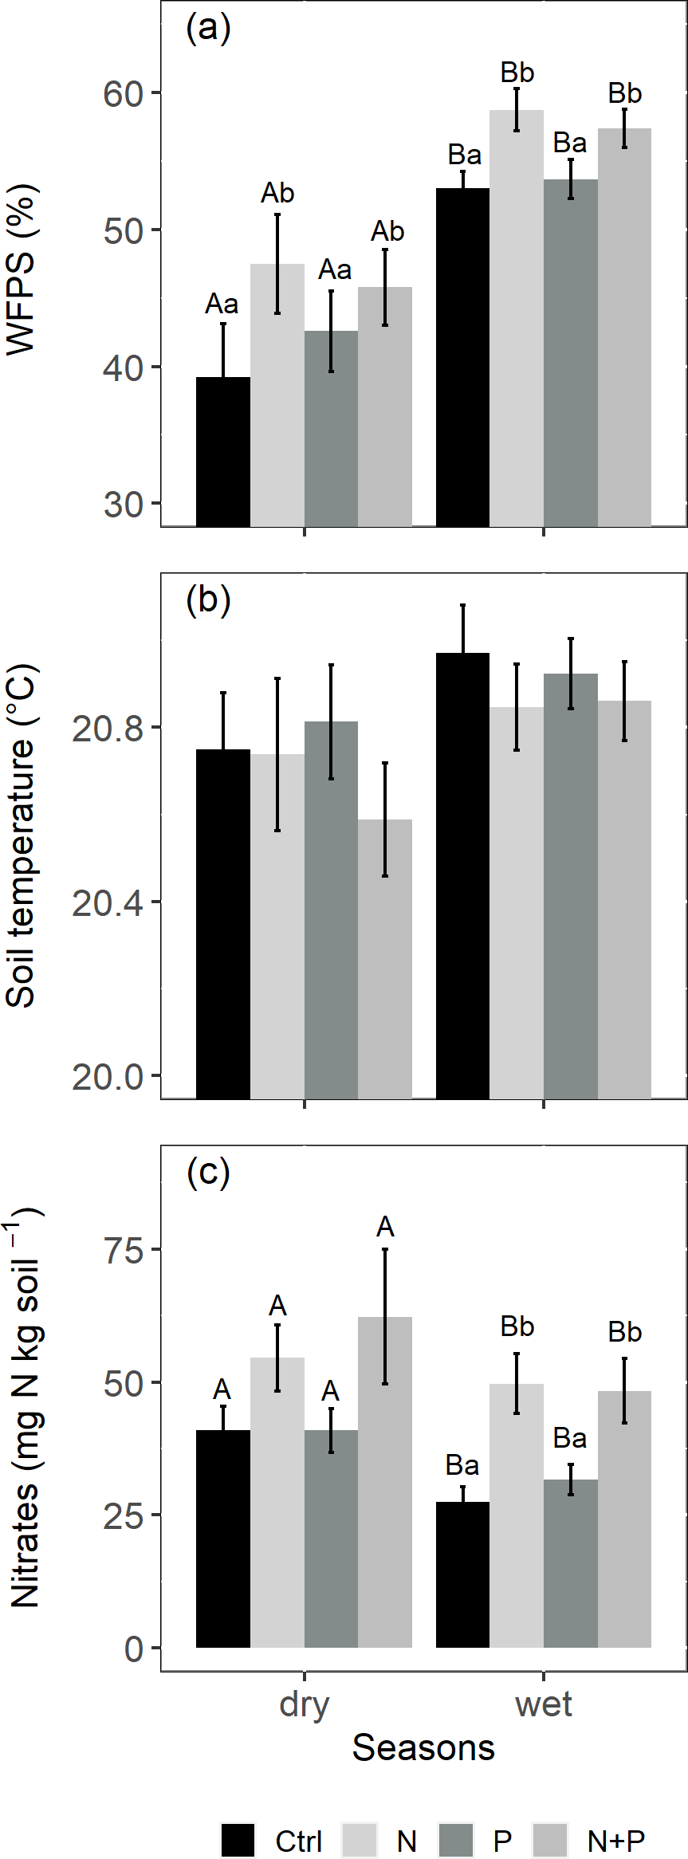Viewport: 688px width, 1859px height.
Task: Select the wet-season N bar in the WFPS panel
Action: [x=517, y=319]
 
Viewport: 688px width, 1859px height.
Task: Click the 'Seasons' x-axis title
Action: [x=423, y=1747]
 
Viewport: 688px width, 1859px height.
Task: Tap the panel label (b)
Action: [x=208, y=599]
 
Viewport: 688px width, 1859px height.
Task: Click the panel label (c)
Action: [x=208, y=1171]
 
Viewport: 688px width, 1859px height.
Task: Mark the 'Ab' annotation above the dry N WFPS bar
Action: [x=277, y=193]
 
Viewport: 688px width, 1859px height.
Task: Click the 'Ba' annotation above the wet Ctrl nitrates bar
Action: [x=462, y=1465]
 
